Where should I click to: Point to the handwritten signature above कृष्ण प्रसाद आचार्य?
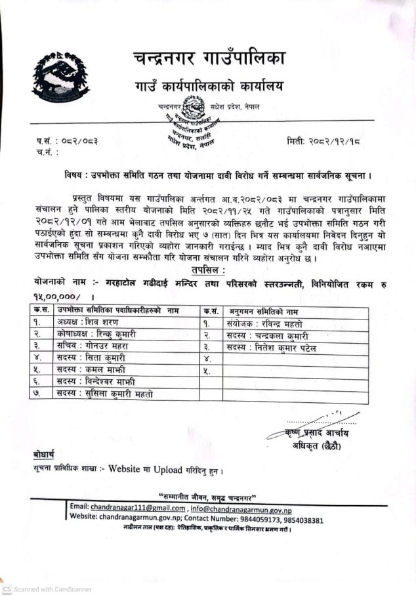(322, 420)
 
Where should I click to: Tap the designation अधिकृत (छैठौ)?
(318, 446)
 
